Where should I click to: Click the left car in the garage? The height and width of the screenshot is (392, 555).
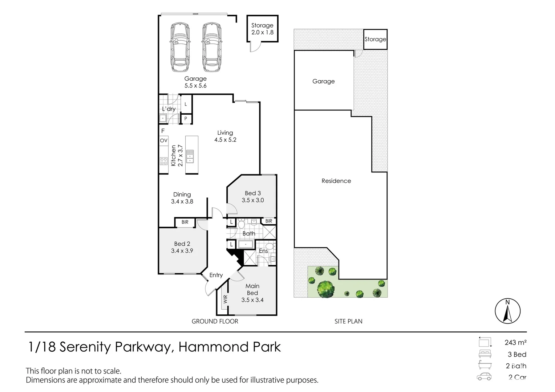point(180,47)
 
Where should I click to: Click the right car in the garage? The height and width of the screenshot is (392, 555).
point(212,47)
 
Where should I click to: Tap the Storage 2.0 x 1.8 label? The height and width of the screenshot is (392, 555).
point(262,29)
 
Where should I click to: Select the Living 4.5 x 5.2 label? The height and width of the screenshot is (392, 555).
point(225,136)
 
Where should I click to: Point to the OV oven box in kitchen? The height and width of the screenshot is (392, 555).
point(164,140)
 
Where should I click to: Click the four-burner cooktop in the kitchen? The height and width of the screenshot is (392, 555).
point(163,161)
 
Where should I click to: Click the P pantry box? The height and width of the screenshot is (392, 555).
point(186,119)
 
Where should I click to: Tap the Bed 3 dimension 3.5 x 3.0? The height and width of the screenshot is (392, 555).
point(253,200)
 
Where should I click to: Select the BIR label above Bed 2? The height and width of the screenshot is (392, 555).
point(185,222)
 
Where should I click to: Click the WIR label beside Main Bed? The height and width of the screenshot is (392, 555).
point(225,299)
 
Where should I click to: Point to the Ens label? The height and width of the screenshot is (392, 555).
point(263,251)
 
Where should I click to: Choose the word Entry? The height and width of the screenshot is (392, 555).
point(216,275)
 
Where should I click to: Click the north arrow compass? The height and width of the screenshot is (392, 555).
point(507,311)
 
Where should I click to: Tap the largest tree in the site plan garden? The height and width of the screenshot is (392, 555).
point(325,288)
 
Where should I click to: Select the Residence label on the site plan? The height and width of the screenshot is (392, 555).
point(336,181)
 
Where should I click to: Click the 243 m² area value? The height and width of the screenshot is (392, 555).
point(515,342)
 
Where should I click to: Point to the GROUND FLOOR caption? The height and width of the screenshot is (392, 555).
point(215,321)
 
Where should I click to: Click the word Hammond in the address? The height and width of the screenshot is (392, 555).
point(212,347)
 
